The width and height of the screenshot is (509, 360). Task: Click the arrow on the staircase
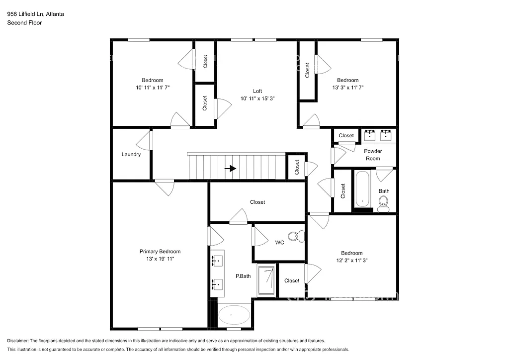point(230,169)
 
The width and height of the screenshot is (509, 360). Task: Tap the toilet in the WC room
point(296,236)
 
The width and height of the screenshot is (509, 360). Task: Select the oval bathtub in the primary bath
point(234,315)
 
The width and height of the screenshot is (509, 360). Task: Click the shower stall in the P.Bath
point(267,281)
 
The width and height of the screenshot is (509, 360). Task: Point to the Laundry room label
point(131,154)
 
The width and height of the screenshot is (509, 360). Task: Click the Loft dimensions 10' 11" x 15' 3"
point(257,98)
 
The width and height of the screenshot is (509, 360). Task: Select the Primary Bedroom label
point(160,252)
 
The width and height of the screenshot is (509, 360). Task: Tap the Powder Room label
point(373,155)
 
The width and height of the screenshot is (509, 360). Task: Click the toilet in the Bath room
point(383,203)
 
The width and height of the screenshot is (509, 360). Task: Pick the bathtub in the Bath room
point(362,189)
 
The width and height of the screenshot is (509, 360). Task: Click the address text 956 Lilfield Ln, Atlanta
point(35,14)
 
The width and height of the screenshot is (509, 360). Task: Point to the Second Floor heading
point(24,23)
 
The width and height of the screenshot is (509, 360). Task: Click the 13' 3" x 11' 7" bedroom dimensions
point(347,88)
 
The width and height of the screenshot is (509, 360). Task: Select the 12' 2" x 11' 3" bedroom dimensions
point(351,260)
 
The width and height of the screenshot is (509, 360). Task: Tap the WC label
point(279,243)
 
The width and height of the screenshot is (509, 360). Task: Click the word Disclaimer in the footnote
point(19,341)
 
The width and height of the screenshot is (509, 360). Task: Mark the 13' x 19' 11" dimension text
point(160,259)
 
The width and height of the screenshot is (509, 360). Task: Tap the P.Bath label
point(243,276)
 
